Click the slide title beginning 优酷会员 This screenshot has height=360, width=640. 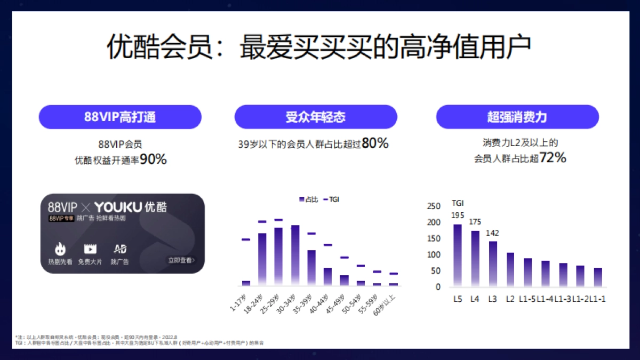coord(319,49)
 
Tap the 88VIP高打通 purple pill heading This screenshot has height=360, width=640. coord(120,117)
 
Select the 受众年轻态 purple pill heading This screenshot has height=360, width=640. coord(316,117)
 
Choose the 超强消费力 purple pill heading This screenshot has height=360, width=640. coord(517,117)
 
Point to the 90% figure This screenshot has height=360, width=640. coord(154,159)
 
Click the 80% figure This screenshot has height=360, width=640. coord(375,143)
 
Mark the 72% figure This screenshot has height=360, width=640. coord(553,158)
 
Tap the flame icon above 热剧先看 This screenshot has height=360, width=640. coord(60,249)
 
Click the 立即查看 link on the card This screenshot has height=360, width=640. coord(181,260)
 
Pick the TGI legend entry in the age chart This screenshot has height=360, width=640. coord(331,199)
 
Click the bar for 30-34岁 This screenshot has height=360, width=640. coord(295,255)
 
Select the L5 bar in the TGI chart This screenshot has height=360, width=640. coord(458,254)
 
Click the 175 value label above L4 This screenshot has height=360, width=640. coord(475,221)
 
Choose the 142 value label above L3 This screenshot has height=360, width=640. coord(492,233)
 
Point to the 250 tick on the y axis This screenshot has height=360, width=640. coord(435,206)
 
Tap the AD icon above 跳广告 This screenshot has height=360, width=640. coord(120,249)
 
